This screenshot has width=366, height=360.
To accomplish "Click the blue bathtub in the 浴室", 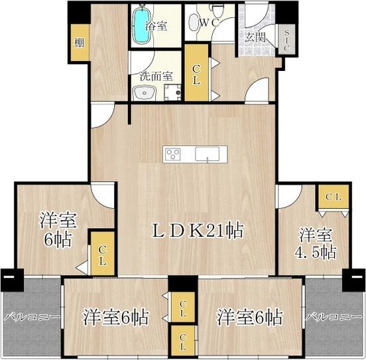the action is (x=141, y=25).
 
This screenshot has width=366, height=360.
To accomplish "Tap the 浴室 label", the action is (x=156, y=25).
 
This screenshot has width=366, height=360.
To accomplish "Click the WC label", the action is (x=209, y=23).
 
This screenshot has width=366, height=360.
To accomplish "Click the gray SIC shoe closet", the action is (x=286, y=39).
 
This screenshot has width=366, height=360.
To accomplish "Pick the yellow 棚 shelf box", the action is (x=80, y=42).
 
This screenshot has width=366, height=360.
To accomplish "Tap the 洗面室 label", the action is (x=156, y=76).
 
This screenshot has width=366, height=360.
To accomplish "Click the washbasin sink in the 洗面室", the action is (x=145, y=93).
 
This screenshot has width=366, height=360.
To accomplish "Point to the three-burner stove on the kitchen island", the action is (x=173, y=154).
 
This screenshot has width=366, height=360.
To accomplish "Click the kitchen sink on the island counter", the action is (x=207, y=154).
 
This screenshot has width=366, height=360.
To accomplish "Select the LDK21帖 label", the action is (x=198, y=231).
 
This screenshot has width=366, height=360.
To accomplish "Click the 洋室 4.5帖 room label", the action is (x=316, y=243).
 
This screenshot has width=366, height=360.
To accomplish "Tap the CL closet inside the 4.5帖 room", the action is (x=334, y=197).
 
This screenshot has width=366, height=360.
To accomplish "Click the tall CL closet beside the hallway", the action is (x=196, y=73).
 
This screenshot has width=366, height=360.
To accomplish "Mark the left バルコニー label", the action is (x=32, y=318).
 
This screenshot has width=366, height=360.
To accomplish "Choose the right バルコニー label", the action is (x=334, y=317).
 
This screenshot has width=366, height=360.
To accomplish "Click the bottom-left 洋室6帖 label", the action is (x=116, y=317).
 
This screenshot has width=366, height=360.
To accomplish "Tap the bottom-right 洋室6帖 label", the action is (x=250, y=317).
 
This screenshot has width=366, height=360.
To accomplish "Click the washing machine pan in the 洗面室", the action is (x=172, y=92).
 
